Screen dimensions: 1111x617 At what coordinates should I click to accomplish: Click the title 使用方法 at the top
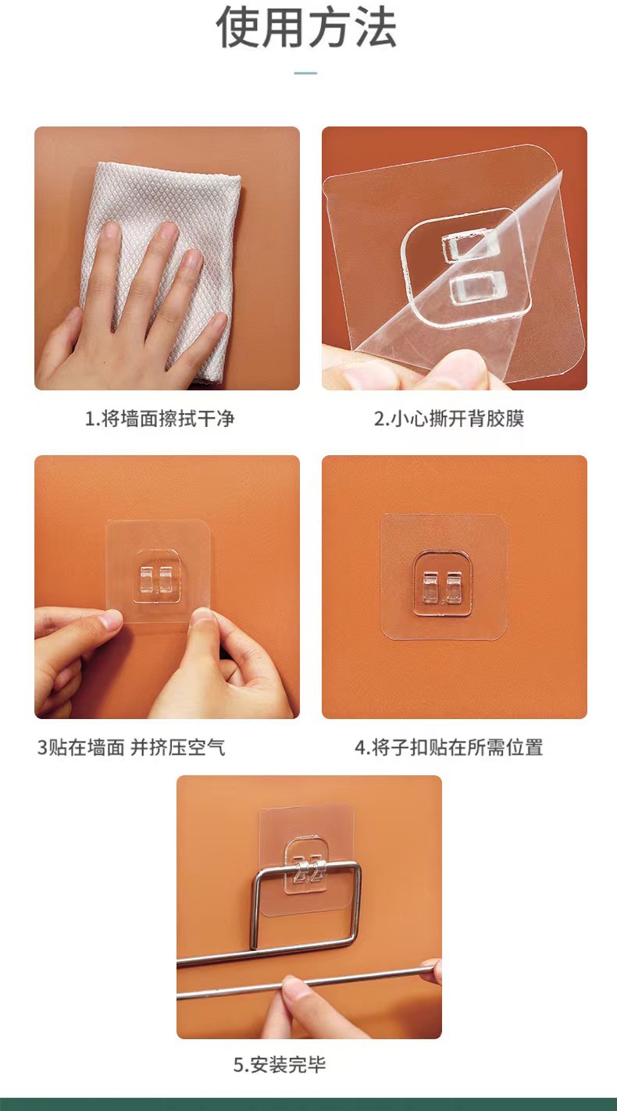(x=306, y=28)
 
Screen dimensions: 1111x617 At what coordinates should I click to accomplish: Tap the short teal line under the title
(x=305, y=73)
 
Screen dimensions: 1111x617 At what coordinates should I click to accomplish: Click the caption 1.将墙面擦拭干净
(x=159, y=418)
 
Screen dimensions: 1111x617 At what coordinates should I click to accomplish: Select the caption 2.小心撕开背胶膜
(x=449, y=418)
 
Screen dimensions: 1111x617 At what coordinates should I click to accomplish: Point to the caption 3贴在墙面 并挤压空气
(x=131, y=747)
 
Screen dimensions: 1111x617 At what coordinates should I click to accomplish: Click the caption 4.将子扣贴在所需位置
(x=448, y=747)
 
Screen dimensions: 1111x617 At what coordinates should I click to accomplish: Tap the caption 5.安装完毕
(x=280, y=1064)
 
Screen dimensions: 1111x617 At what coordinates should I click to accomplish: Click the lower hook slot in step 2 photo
(x=475, y=287)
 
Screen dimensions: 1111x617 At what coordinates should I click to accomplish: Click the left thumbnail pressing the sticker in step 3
(x=110, y=621)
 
